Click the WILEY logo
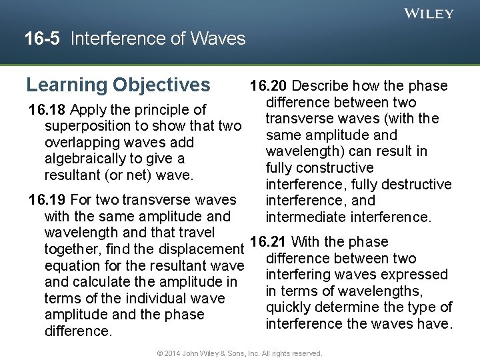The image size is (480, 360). tap(429, 13)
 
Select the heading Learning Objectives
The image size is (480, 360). tap(118, 85)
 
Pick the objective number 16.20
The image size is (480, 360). tap(269, 86)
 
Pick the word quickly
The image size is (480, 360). tap(291, 307)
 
